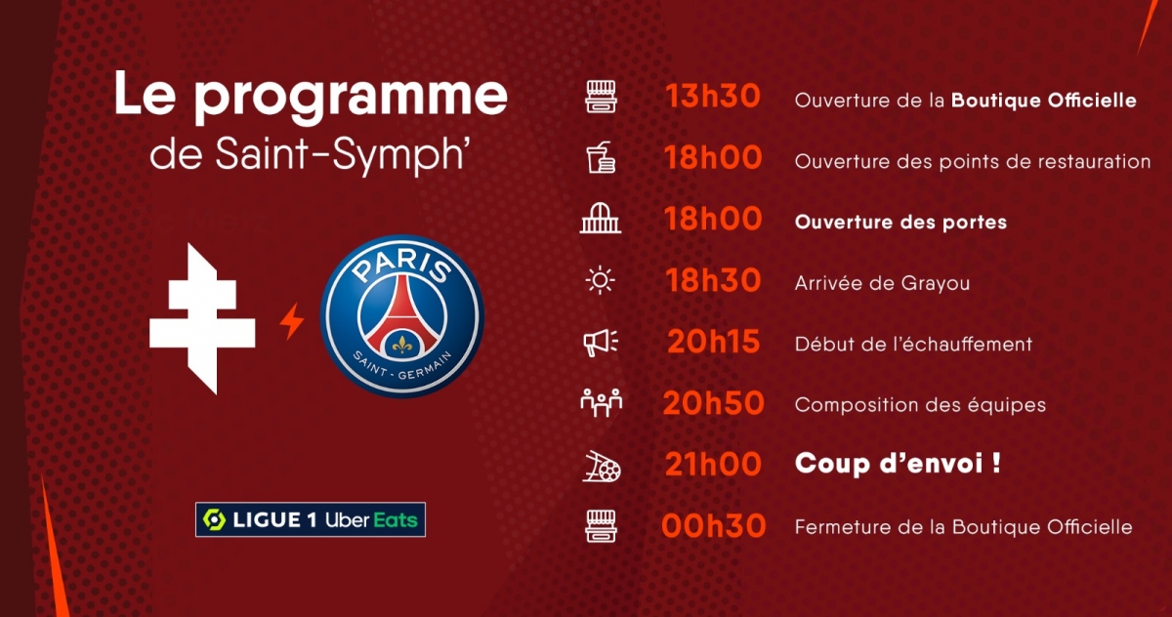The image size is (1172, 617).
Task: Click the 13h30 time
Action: [713, 97]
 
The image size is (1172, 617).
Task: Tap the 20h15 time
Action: [713, 342]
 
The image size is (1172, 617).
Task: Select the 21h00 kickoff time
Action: [713, 465]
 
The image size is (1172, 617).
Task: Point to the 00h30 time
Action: [713, 525]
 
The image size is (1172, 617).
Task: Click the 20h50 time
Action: [713, 403]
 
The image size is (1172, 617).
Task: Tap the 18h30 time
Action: [713, 281]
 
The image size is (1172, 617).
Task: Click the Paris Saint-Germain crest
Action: [401, 315]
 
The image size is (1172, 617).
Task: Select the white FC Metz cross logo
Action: [202, 318]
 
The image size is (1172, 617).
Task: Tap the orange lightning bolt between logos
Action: [291, 321]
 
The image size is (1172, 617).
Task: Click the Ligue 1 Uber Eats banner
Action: [311, 519]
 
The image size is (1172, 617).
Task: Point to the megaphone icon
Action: [601, 343]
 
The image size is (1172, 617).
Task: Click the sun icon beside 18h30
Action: [600, 281]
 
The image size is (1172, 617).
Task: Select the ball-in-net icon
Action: [602, 467]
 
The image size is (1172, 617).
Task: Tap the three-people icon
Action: [602, 402]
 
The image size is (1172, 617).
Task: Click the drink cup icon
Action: [601, 157]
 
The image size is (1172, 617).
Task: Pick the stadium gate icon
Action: [601, 218]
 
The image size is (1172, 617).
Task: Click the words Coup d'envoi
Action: [890, 465]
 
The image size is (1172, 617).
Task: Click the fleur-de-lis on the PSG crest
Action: [401, 345]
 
